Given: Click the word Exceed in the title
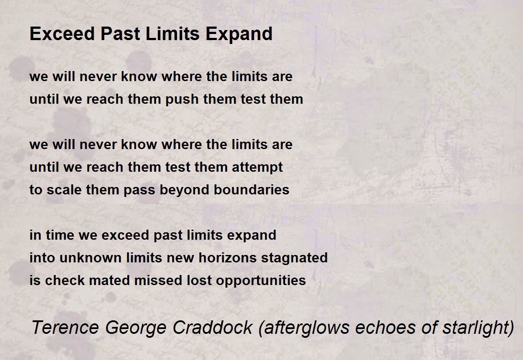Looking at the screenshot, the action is tap(62, 34).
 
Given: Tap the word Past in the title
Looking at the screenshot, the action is tap(120, 34).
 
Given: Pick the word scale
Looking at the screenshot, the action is tap(64, 190).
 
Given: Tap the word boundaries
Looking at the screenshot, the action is tap(251, 190).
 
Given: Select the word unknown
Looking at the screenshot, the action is tap(91, 258).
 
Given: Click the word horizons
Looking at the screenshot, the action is tap(228, 258).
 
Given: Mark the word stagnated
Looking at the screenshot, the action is tap(295, 258).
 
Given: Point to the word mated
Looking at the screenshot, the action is tap(109, 280).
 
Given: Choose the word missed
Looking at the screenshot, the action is tap(158, 280).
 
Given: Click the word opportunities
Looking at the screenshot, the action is tap(261, 281).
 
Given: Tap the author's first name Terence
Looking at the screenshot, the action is tap(65, 327).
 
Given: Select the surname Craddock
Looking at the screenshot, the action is tap(213, 327).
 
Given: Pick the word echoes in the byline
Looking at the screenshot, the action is tap(385, 327).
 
